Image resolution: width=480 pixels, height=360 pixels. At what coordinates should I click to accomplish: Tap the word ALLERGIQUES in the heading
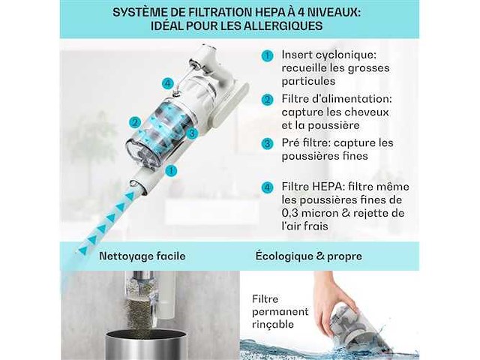point(283,25)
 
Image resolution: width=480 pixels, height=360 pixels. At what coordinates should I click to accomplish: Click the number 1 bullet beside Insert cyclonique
point(268,56)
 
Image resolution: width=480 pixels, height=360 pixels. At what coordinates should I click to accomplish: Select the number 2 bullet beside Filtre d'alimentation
point(268,100)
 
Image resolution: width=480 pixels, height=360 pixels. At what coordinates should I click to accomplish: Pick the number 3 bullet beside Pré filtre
point(268,143)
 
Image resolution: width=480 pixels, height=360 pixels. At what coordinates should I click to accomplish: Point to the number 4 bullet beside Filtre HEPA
point(268,187)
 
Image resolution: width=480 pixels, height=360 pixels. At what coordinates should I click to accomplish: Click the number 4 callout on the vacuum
point(168,83)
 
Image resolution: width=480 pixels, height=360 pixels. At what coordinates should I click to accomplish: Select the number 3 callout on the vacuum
point(192,133)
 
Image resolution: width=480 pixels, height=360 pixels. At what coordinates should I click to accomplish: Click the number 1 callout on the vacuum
point(171,171)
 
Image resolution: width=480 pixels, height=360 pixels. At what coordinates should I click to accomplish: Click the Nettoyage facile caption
point(142,256)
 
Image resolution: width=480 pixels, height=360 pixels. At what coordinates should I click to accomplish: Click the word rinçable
point(273,324)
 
